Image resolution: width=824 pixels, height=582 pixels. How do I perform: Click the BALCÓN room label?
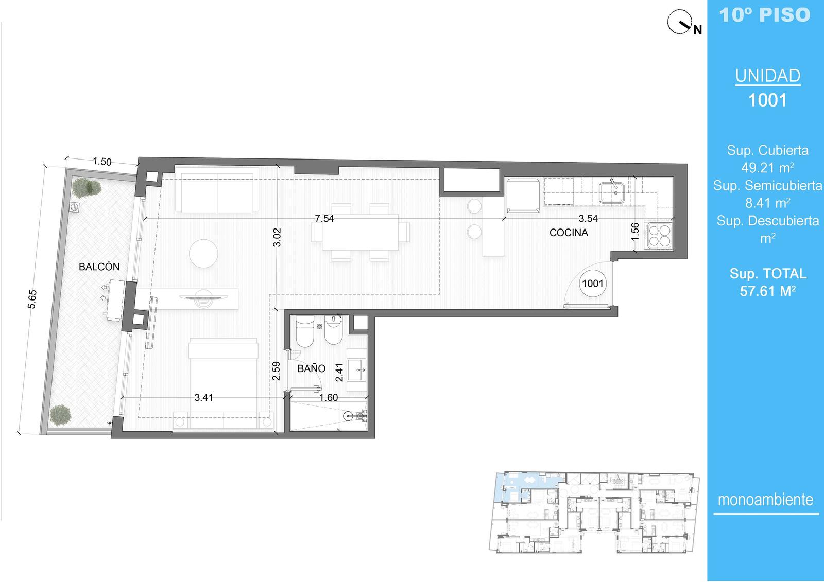coord(99,267)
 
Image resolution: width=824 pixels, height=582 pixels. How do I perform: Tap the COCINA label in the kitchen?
coord(569,233)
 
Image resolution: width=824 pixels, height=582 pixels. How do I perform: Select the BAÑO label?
coord(311,368)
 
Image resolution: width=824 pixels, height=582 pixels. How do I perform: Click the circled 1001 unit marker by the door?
coord(593,284)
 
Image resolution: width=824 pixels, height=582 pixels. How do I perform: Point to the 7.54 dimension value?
coord(324,218)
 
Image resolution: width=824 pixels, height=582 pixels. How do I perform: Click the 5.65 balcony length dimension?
coord(32,299)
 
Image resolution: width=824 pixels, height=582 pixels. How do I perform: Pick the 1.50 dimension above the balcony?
coord(102,161)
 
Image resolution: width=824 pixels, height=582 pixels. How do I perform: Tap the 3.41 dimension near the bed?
coord(203,397)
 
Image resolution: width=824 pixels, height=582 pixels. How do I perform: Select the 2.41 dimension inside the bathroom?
coord(339,373)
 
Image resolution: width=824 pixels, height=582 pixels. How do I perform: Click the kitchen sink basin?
coord(611,192)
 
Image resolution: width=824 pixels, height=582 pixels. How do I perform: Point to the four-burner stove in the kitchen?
coord(659,236)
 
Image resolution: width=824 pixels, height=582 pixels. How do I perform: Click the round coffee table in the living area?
coord(203,253)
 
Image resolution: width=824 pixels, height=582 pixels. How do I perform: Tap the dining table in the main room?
coord(360,232)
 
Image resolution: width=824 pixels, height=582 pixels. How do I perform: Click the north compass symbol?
coord(683,23)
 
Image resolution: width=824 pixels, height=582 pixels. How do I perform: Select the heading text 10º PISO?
coord(765,15)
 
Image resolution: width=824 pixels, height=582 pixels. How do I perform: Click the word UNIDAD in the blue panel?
coord(768,76)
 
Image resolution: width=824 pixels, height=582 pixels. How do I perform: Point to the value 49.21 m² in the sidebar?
coord(768,168)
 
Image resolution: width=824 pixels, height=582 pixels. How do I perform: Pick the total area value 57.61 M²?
coord(768,291)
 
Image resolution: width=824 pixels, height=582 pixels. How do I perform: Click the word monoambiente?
coord(765,500)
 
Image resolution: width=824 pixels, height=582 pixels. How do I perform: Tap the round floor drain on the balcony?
coord(74,207)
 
